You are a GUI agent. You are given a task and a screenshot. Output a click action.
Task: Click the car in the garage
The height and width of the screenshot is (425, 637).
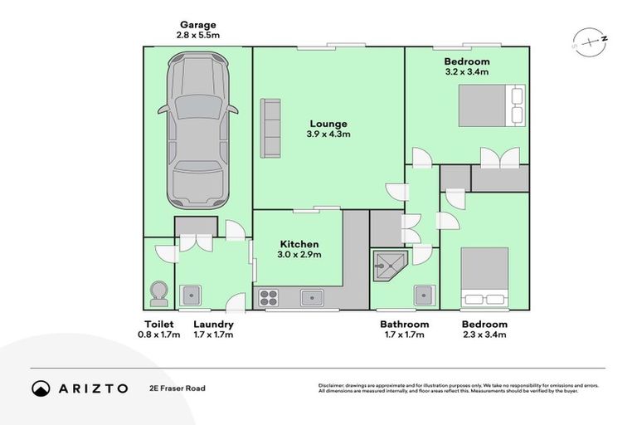[197, 130]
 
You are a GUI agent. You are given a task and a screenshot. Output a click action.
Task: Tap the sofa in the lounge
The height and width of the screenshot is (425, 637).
[270, 127]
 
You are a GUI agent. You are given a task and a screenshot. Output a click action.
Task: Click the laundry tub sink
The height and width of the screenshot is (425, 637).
[192, 295]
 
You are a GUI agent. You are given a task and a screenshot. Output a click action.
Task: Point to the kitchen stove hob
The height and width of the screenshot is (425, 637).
[269, 297]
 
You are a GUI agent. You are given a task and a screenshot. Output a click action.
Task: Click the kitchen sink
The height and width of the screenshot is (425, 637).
[312, 296]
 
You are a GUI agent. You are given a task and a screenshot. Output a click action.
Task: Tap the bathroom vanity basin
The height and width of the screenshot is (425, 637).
[424, 295]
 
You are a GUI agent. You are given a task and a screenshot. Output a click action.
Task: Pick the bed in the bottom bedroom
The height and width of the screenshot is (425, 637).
[485, 277]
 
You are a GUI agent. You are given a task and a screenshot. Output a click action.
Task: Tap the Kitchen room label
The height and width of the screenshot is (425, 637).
[299, 244]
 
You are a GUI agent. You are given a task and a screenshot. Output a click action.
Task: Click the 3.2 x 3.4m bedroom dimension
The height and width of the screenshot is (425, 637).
[466, 72]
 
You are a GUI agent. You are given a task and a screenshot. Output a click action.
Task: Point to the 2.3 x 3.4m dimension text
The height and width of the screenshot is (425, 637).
[484, 335]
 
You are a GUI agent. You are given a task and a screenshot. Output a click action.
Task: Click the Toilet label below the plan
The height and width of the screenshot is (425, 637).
[158, 324]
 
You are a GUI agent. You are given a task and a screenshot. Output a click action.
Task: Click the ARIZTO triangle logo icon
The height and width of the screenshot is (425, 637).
[41, 388]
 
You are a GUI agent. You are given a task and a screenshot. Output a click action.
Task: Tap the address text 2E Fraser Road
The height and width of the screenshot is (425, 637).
[177, 388]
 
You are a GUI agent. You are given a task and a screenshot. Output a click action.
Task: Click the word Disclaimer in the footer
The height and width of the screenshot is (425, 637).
[333, 385]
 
